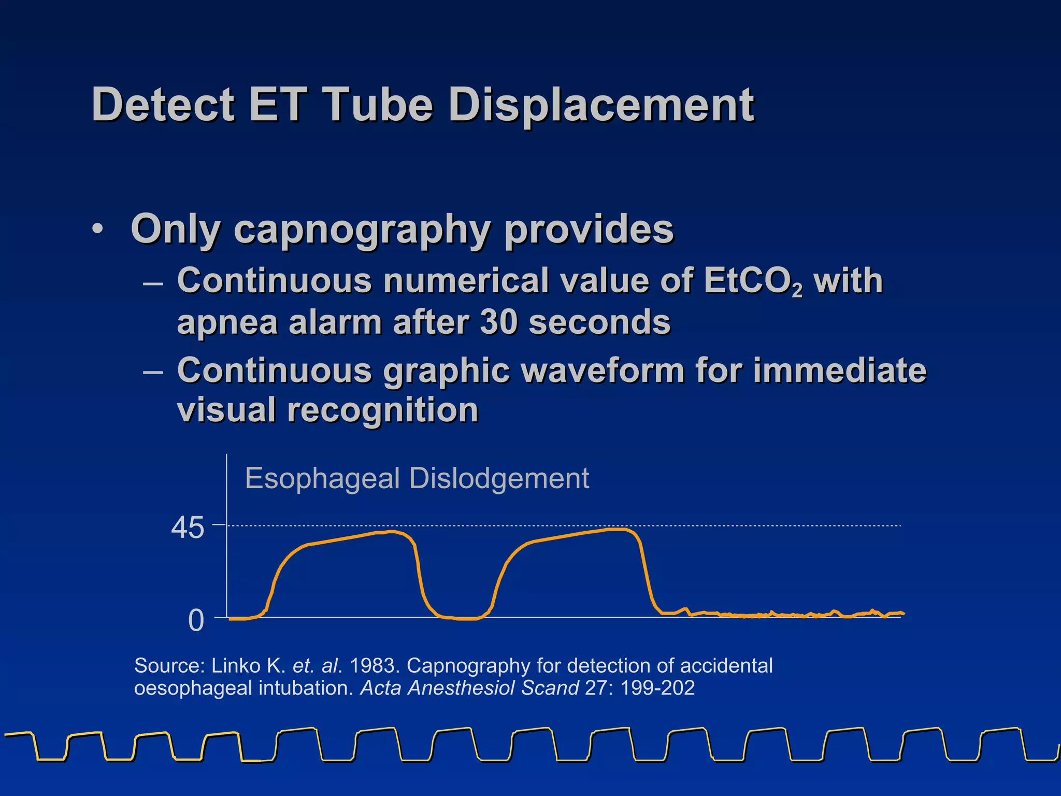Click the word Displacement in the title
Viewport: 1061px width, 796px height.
pos(601,105)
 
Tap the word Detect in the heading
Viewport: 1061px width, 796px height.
pos(163,105)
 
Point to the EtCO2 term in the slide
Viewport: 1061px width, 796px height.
pos(753,281)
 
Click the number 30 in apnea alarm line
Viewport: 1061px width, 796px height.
pos(499,322)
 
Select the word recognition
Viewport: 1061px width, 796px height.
pos(383,410)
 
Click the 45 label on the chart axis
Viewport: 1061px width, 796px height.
pos(188,529)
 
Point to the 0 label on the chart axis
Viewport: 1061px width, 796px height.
pos(196,620)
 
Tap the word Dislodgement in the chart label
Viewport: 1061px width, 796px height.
pos(499,478)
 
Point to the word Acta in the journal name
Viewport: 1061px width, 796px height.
pos(381,688)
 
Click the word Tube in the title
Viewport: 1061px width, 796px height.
pos(378,105)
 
